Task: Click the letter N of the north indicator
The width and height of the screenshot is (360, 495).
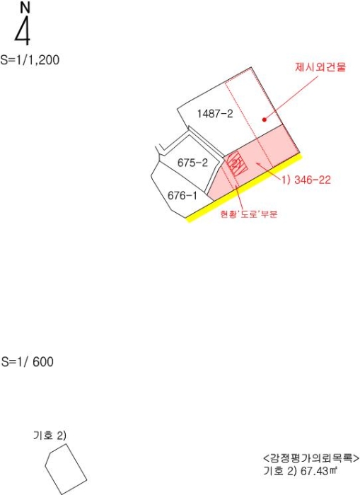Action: (x=25, y=8)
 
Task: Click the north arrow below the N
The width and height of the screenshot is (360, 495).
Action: (x=23, y=30)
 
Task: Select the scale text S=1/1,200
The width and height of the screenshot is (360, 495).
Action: (x=30, y=59)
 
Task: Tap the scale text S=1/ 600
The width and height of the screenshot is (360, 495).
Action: (x=28, y=361)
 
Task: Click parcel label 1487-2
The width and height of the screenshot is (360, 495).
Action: (x=215, y=114)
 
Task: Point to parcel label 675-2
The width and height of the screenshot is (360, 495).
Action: (x=192, y=163)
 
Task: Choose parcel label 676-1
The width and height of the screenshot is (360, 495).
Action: (x=182, y=196)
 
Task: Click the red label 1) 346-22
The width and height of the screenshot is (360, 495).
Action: (x=306, y=180)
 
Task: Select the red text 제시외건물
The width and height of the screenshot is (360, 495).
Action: (x=320, y=67)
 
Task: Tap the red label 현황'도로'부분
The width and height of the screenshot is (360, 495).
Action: (x=249, y=214)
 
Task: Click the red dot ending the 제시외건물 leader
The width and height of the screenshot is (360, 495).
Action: (x=265, y=120)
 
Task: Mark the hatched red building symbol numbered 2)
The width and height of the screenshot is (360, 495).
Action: (x=237, y=163)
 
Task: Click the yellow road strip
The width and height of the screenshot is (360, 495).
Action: (x=243, y=188)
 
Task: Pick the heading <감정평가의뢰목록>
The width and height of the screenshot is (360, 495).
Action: (x=311, y=458)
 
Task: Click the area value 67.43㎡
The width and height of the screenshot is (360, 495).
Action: (x=319, y=472)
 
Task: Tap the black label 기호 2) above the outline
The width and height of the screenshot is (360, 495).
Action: (x=50, y=436)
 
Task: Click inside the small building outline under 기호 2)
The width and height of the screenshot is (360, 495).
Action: (x=66, y=469)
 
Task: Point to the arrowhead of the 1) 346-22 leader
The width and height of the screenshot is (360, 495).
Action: (x=257, y=163)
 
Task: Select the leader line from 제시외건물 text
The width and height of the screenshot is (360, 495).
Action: (x=291, y=98)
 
